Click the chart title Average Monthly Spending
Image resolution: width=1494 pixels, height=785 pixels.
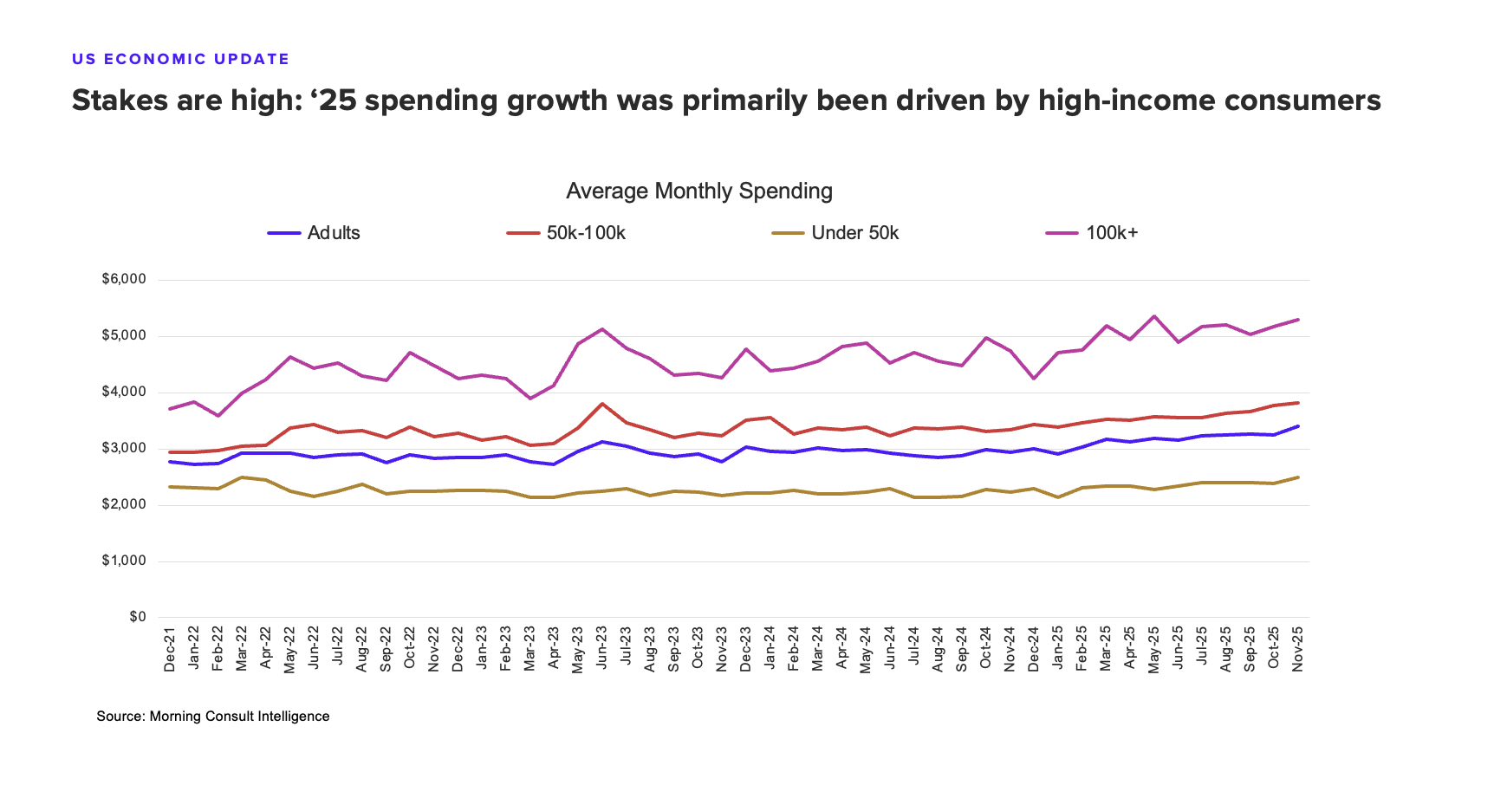tap(698, 191)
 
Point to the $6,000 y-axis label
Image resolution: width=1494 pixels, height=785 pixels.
tap(124, 280)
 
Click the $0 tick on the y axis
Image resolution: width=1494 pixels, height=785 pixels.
tap(138, 617)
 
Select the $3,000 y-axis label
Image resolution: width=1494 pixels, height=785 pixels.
tap(124, 448)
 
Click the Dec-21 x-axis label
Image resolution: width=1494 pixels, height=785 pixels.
tap(170, 649)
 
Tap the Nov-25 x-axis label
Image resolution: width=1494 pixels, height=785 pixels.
tap(1297, 649)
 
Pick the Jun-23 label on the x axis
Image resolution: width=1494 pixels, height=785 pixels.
tap(601, 649)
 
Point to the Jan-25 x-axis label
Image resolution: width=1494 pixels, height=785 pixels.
tap(1057, 649)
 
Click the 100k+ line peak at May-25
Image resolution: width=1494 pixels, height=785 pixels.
tap(1153, 316)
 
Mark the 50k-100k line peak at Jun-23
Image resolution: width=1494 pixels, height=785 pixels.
tap(601, 404)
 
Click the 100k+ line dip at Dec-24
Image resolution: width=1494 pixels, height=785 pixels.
tap(1033, 379)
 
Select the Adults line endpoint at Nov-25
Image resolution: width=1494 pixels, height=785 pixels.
tap(1297, 426)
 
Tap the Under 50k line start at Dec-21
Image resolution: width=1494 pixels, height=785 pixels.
tap(171, 487)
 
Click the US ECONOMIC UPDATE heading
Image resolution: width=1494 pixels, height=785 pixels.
tap(180, 59)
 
